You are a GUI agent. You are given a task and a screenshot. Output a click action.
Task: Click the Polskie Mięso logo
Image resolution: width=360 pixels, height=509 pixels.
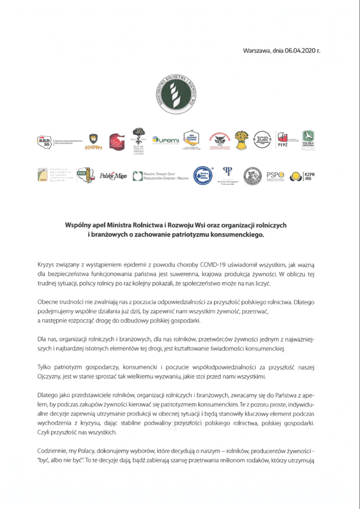114,175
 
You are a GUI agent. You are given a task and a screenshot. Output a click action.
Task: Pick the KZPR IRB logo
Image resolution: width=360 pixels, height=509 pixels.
304,175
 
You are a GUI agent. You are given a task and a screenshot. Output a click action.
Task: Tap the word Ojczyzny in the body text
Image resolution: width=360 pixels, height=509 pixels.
50,377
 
